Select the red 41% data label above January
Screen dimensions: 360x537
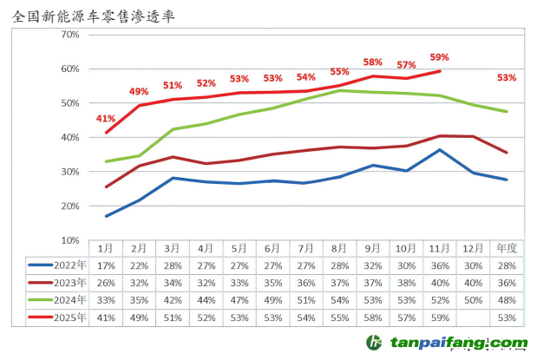click(x=106, y=118)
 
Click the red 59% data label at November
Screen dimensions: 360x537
click(x=439, y=59)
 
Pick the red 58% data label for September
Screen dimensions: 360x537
click(x=373, y=62)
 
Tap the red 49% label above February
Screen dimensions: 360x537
click(x=139, y=91)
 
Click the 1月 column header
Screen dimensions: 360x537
click(x=106, y=248)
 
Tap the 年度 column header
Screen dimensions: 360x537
click(x=507, y=248)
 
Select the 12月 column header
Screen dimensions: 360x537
click(x=473, y=248)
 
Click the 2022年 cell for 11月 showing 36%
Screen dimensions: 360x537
click(x=440, y=265)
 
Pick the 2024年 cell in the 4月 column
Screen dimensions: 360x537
click(x=206, y=300)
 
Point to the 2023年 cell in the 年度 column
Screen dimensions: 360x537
click(x=507, y=283)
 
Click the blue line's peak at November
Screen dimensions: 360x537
click(x=440, y=150)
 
